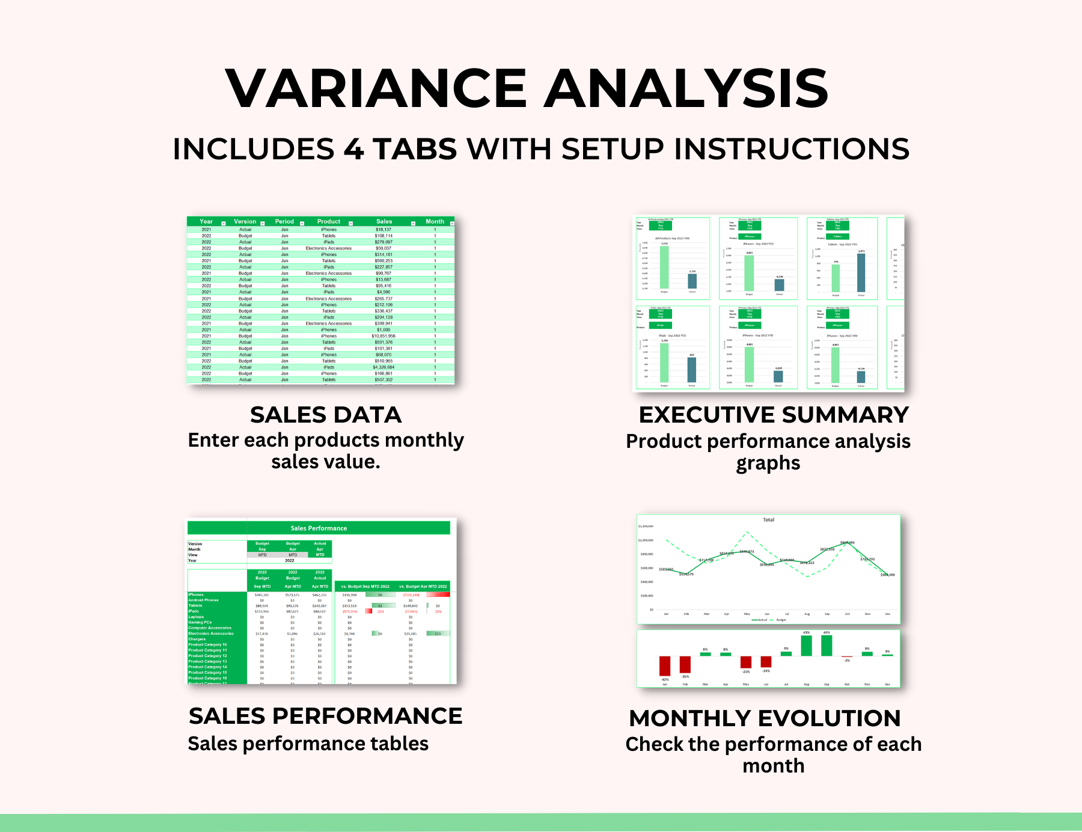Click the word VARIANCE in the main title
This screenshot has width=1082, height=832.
(376, 88)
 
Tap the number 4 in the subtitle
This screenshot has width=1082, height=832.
(354, 149)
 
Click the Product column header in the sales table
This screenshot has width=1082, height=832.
(328, 221)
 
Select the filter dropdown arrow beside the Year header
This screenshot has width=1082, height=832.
(224, 223)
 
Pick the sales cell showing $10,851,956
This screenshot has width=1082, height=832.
(384, 336)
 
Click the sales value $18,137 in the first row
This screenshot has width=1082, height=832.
(384, 230)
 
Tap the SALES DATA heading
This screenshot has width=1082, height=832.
(325, 415)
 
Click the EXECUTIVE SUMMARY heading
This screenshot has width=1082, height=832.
(774, 415)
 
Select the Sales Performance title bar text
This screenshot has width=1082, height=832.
(319, 528)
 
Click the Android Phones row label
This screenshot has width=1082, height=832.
(204, 600)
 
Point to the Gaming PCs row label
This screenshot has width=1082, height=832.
(200, 622)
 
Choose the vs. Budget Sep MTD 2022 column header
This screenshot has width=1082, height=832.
(365, 586)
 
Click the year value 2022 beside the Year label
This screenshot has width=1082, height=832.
(290, 560)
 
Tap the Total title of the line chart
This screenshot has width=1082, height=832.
(768, 520)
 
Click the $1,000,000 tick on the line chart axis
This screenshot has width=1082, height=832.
(646, 540)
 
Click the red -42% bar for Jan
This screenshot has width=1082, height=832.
(665, 666)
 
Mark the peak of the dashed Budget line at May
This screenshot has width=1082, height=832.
(747, 532)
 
